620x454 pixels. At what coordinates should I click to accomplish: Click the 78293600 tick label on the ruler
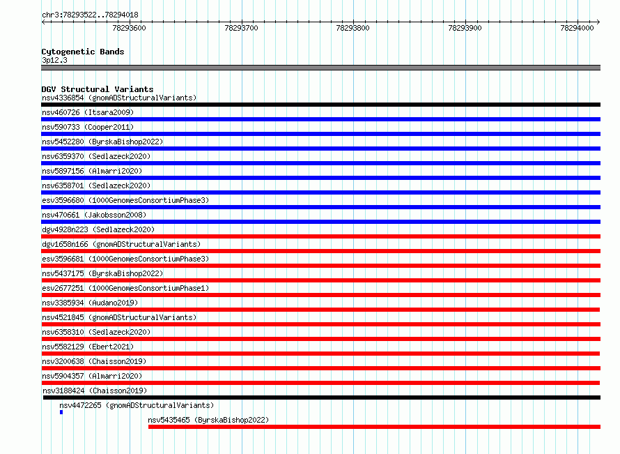click(x=129, y=28)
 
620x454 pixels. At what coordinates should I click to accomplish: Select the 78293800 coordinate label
click(x=352, y=28)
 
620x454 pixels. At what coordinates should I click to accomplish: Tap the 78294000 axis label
click(x=577, y=28)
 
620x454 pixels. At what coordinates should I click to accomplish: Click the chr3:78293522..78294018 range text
click(x=90, y=15)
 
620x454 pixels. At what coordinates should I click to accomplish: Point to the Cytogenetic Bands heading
click(x=83, y=52)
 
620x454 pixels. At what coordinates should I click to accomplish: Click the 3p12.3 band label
click(x=54, y=60)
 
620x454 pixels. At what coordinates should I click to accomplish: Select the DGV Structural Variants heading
click(x=98, y=89)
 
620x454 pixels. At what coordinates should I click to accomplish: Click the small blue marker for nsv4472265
click(x=61, y=412)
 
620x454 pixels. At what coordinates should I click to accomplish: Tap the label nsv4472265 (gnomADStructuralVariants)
click(x=137, y=406)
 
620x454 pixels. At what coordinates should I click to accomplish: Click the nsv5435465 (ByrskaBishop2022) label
click(x=208, y=421)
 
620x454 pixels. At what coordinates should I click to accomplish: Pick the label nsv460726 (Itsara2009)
click(x=88, y=113)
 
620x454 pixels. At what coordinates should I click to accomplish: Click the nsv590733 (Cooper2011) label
click(x=88, y=128)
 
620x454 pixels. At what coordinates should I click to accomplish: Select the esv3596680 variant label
click(x=125, y=201)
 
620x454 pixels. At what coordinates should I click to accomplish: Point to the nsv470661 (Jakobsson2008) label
click(x=94, y=215)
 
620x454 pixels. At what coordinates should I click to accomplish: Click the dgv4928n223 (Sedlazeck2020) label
click(x=98, y=230)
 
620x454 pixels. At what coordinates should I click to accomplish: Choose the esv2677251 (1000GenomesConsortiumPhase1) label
click(x=125, y=289)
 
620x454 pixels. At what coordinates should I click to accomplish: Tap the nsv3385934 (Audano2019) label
click(x=90, y=303)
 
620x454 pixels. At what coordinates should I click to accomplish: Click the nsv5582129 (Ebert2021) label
click(x=88, y=347)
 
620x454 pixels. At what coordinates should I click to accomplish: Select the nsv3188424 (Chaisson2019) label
click(x=95, y=391)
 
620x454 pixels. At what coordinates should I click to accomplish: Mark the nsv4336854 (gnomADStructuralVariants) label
click(x=119, y=98)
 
